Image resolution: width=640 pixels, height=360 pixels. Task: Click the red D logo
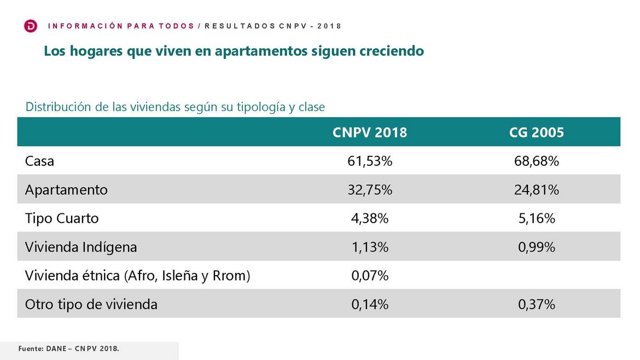tap(31, 26)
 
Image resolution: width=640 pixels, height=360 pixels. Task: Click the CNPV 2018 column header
tap(370, 132)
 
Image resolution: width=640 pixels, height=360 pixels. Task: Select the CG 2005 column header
tap(537, 132)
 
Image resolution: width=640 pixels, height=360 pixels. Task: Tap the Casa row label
tap(40, 161)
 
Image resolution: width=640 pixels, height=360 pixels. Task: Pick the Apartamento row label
tap(66, 190)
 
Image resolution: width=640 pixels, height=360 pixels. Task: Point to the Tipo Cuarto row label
tap(62, 218)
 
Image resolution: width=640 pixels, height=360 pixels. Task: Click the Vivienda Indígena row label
tap(81, 247)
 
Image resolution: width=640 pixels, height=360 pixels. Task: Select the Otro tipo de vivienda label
tap(91, 304)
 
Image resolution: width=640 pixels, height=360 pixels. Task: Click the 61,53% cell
tap(370, 161)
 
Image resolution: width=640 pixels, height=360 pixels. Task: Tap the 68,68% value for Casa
tap(537, 161)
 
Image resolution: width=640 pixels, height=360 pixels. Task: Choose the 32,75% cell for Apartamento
tap(370, 190)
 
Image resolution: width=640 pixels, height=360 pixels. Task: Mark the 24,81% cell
tap(537, 190)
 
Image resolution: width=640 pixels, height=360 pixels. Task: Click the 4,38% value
tap(370, 218)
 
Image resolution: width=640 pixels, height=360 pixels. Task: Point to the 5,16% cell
tap(537, 218)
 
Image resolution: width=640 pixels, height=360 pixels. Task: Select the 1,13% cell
tap(370, 247)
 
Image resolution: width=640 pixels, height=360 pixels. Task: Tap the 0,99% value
tap(537, 247)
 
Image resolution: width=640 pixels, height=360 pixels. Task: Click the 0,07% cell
tap(370, 276)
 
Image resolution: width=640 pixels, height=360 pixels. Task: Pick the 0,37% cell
tap(537, 304)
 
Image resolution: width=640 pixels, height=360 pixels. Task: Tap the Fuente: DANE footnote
tap(68, 348)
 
